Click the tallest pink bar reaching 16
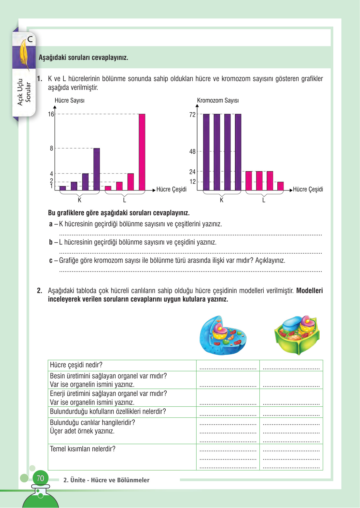[x=142, y=152]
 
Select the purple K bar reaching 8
[x=97, y=169]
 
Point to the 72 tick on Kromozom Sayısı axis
[x=192, y=115]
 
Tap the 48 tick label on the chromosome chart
[x=192, y=151]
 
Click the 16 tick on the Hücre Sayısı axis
[x=51, y=114]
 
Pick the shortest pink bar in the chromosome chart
[x=280, y=186]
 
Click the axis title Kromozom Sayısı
[x=218, y=100]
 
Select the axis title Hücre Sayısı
[x=69, y=100]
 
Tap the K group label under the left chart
[x=79, y=200]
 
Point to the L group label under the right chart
[x=264, y=200]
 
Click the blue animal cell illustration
[x=223, y=335]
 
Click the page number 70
[x=40, y=478]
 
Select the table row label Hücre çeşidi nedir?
[x=76, y=365]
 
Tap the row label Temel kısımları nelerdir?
[x=83, y=449]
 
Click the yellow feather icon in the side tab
[x=24, y=53]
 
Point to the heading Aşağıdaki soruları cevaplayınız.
[x=83, y=58]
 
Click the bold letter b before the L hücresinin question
[x=51, y=242]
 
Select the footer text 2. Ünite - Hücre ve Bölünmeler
[x=106, y=480]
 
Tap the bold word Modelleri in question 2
[x=309, y=290]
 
